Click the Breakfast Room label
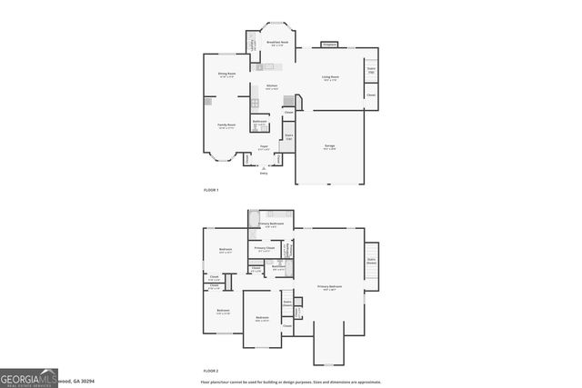pos(278,43)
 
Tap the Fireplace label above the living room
pos(329,45)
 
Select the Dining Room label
pos(226,75)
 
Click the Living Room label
pos(330,77)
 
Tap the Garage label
pos(329,145)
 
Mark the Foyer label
pos(264,145)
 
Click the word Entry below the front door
pos(264,173)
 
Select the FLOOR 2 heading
pos(211,371)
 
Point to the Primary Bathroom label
pos(271,224)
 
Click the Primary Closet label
pos(265,248)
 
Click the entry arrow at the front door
pos(264,167)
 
